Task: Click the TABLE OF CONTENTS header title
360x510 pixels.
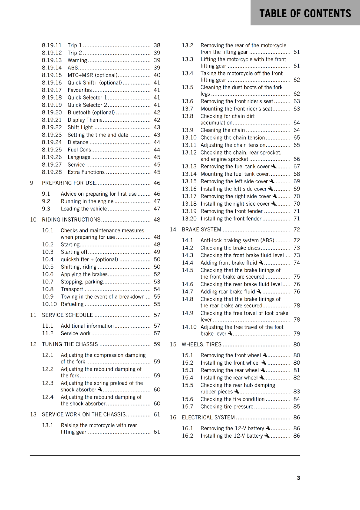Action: click(305, 13)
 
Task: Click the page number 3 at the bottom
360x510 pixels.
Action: click(298, 478)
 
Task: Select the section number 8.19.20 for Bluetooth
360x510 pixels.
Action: click(52, 113)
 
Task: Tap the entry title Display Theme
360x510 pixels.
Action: click(85, 120)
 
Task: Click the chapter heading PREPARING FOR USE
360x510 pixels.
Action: click(69, 183)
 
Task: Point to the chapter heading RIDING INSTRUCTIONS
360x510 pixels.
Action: click(71, 220)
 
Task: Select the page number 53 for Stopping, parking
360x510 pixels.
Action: click(157, 282)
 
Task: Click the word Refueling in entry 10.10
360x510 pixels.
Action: click(72, 304)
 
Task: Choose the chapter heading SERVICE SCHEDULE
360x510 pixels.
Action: click(67, 315)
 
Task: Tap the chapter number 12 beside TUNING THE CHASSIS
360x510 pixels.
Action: click(33, 344)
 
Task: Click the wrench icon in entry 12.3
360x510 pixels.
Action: click(100, 389)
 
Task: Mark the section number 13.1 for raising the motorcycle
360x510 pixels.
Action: click(47, 425)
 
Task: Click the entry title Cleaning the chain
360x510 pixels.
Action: click(222, 130)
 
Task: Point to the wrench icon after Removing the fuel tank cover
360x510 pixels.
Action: click(273, 166)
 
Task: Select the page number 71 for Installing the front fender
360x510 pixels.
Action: click(297, 219)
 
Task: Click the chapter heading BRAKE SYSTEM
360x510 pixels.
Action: click(201, 229)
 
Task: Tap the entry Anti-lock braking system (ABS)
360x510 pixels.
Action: click(237, 240)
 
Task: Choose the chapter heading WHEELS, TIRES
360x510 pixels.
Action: click(201, 344)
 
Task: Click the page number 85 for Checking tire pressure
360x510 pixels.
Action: click(297, 406)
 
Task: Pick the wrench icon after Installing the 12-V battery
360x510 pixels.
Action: click(267, 435)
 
